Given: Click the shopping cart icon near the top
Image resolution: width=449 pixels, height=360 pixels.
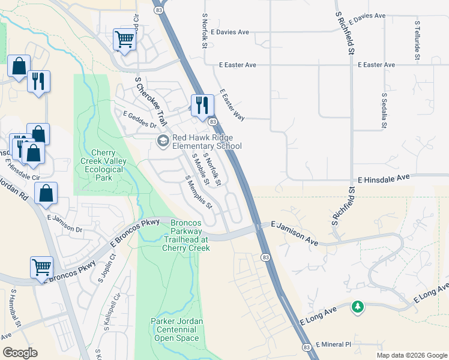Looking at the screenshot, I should click(x=124, y=40).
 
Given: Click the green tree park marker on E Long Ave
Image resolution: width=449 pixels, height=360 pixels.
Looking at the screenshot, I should click(x=358, y=307).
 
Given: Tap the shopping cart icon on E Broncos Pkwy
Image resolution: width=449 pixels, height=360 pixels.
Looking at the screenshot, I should click(x=41, y=267).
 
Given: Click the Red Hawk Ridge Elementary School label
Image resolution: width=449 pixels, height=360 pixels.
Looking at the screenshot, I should click(x=206, y=142).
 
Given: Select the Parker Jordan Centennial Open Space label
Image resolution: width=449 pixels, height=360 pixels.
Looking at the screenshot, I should click(x=176, y=329).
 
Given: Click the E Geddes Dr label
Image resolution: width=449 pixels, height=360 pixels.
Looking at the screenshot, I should click(x=139, y=120).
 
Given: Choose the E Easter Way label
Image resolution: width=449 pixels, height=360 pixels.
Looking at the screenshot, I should click(x=232, y=106).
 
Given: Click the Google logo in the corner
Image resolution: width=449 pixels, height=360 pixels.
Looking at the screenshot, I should click(x=20, y=352).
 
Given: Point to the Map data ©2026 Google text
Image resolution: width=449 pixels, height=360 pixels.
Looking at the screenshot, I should click(x=411, y=355).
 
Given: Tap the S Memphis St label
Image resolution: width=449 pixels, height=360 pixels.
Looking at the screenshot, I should click(x=199, y=191).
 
